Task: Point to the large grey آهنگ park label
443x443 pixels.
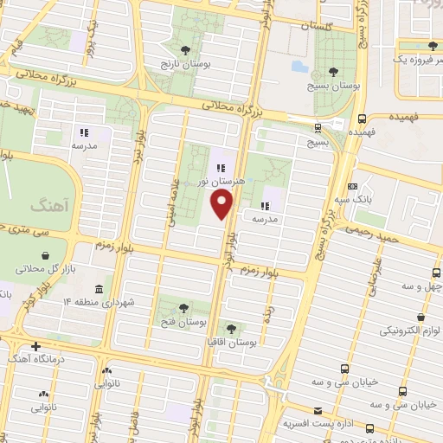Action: [47, 206]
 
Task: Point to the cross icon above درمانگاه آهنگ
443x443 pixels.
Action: [35, 346]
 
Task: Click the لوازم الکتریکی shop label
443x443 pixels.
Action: [407, 331]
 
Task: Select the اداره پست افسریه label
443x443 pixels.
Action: [318, 424]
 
